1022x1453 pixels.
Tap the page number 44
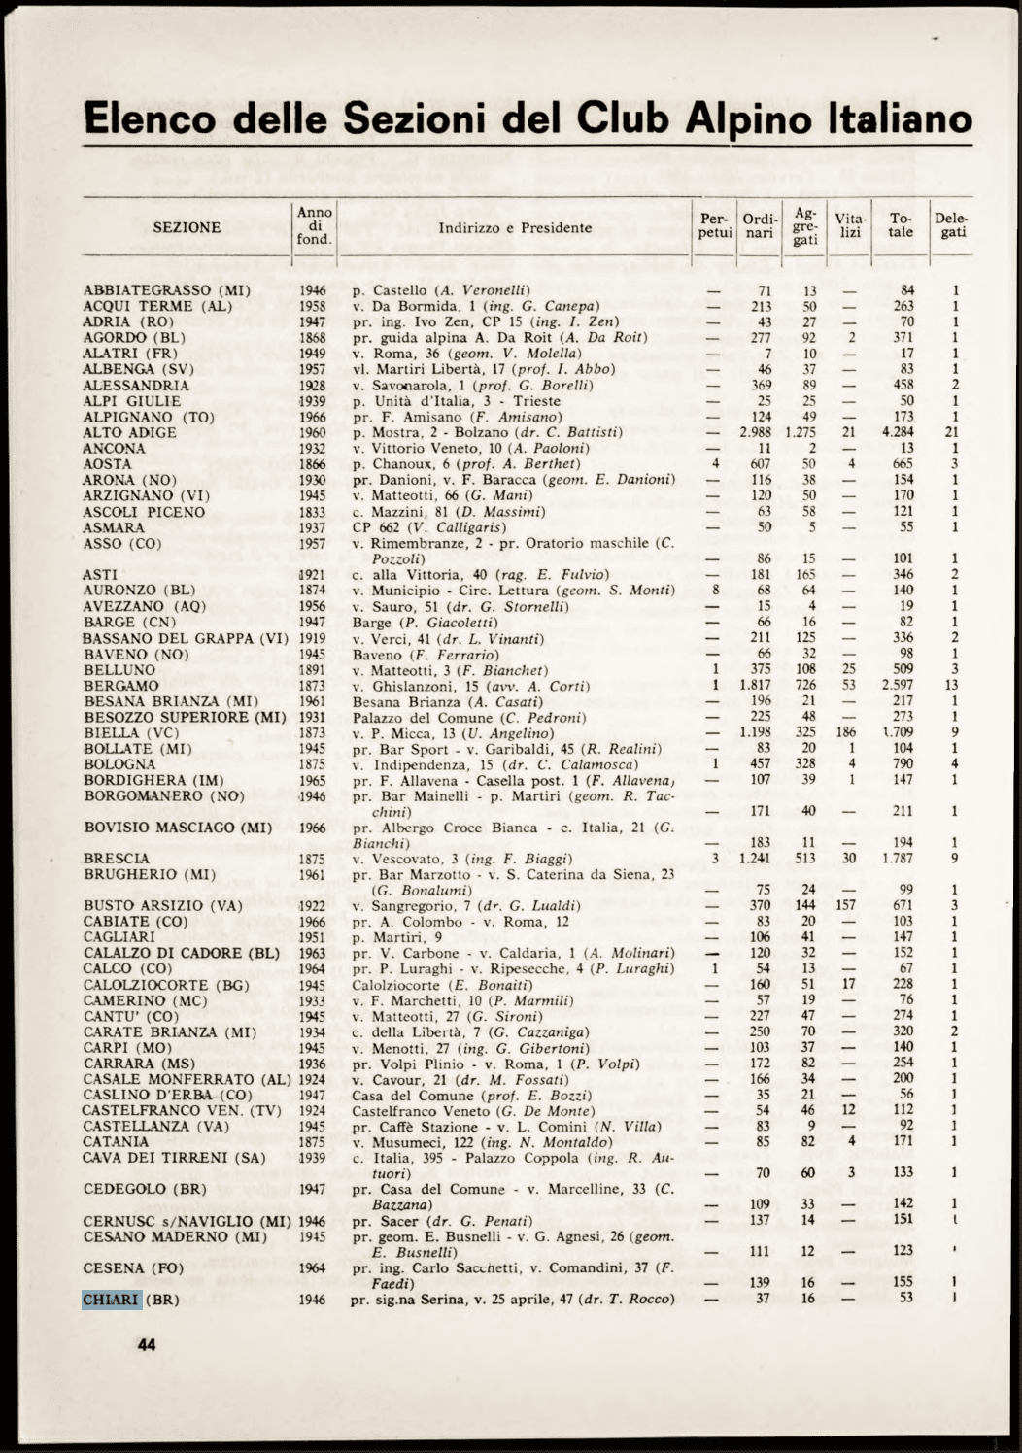[147, 1345]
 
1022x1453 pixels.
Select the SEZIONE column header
[187, 227]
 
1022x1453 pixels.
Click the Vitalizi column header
[850, 226]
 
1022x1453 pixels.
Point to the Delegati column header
[950, 226]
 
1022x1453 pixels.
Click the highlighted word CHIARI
[112, 1300]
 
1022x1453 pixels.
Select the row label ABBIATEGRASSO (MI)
[166, 290]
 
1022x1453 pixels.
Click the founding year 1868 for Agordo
[312, 338]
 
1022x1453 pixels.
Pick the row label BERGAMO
[121, 686]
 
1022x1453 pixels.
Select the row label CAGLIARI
[119, 937]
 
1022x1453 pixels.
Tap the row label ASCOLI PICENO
[144, 512]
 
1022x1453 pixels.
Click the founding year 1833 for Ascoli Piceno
[312, 512]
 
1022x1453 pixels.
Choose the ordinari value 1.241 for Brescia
[754, 859]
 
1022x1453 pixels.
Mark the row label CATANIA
[116, 1142]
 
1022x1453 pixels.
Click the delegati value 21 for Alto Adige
[953, 432]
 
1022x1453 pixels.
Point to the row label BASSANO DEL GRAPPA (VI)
[186, 638]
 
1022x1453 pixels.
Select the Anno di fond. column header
[315, 225]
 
